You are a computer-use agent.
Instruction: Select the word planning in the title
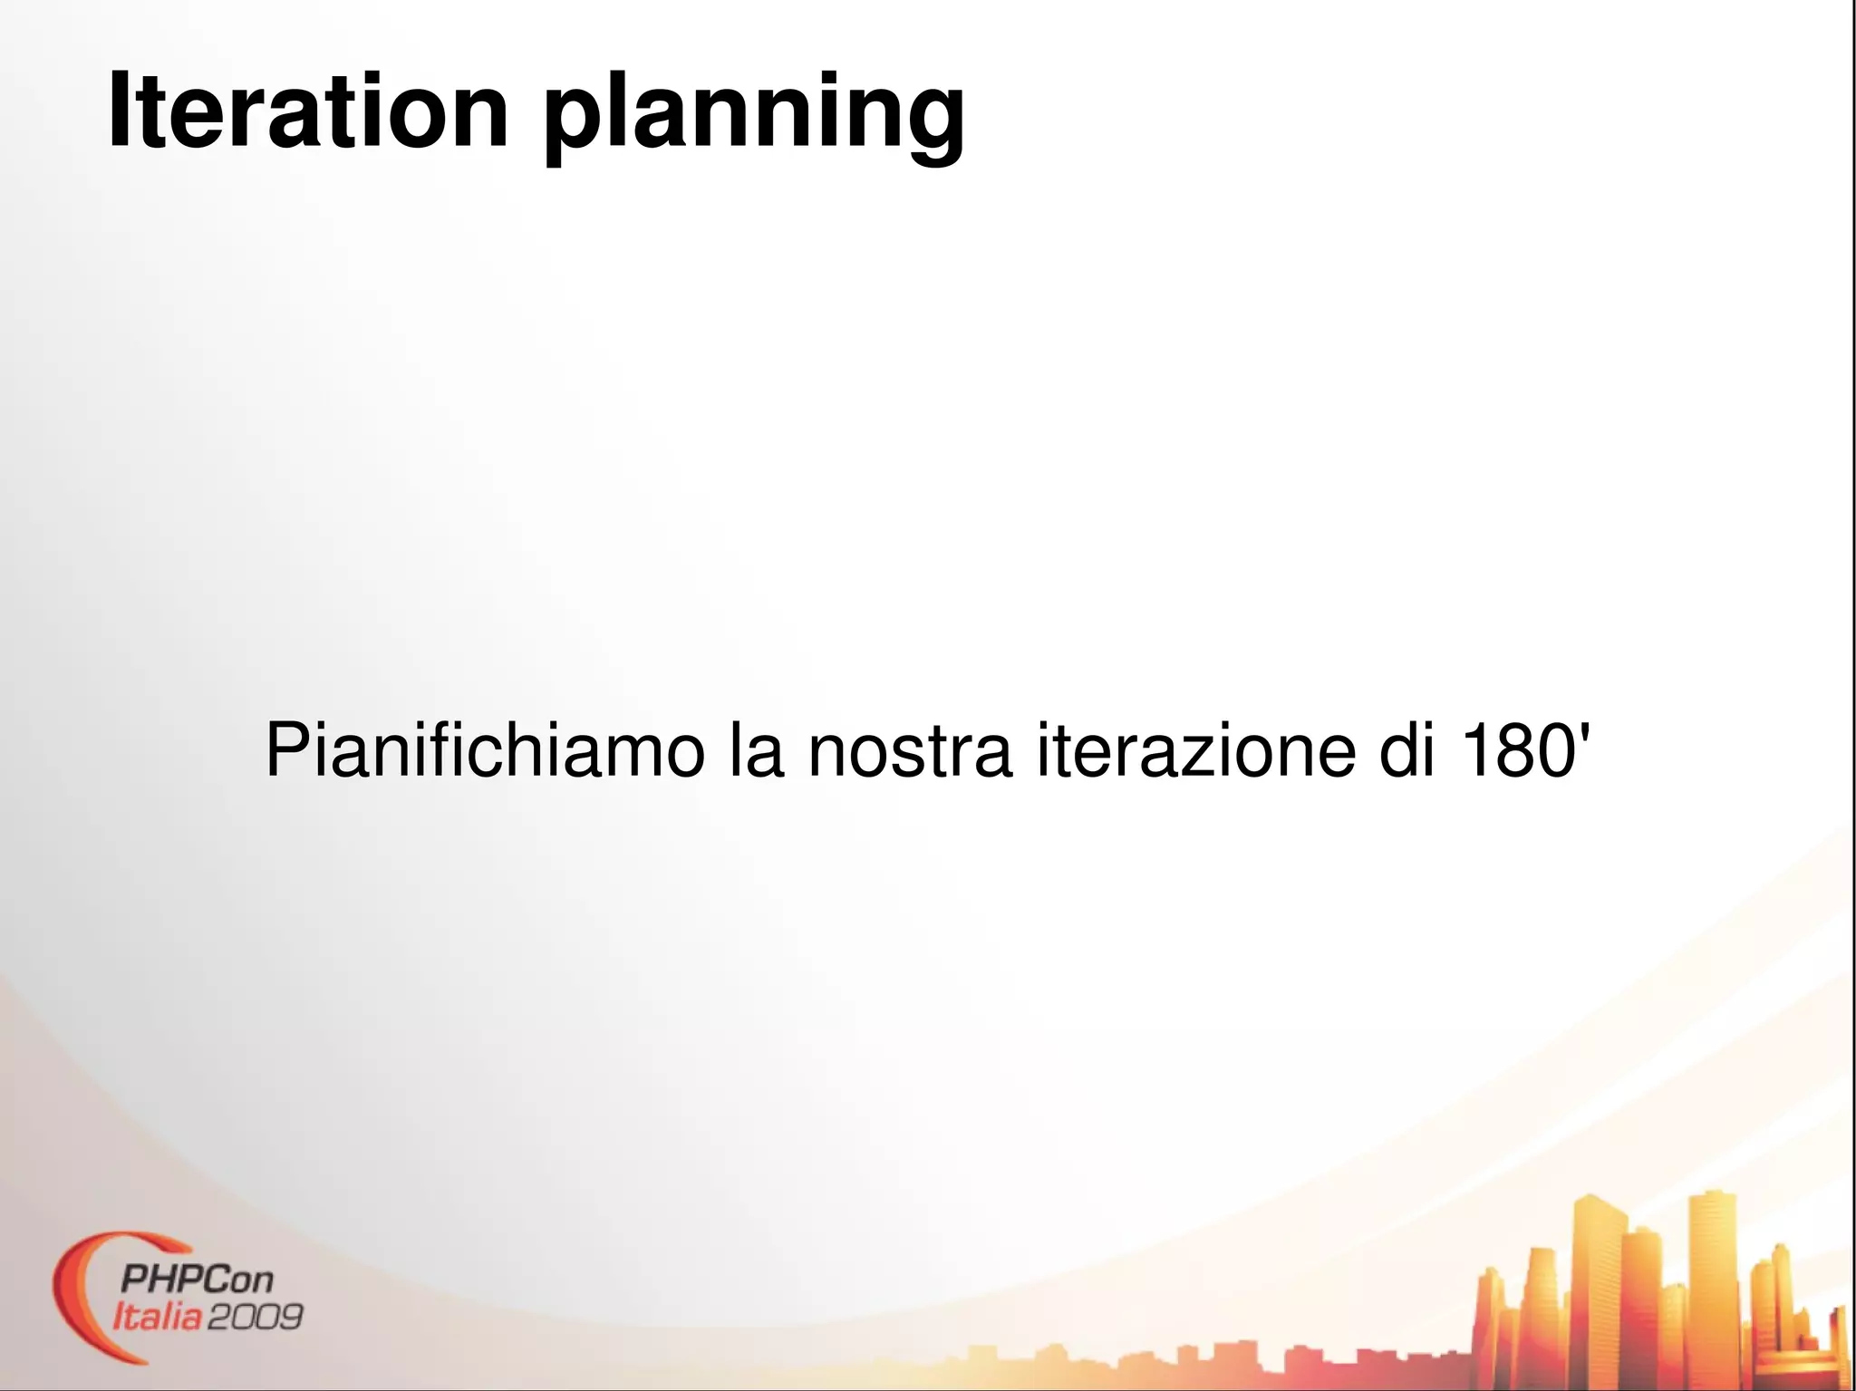point(754,115)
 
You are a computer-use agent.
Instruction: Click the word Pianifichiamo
point(484,750)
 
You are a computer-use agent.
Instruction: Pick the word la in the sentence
point(756,750)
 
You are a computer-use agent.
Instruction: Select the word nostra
point(909,752)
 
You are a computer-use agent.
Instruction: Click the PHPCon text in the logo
point(197,1280)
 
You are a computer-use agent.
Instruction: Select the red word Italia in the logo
point(157,1316)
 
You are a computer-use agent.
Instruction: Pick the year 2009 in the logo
point(255,1316)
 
